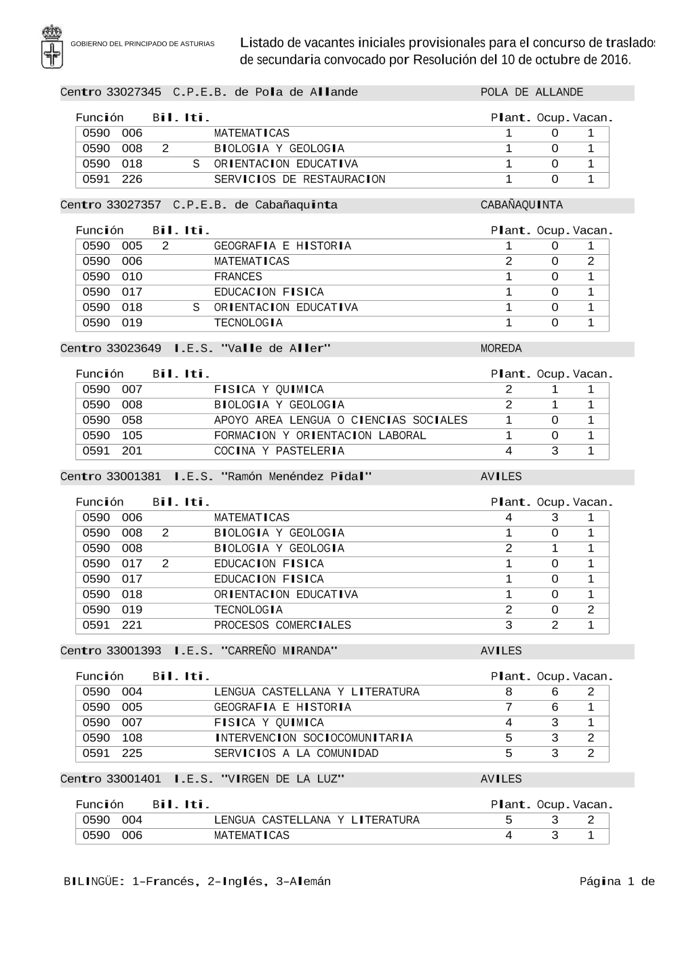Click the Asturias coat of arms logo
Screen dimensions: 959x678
coord(52,46)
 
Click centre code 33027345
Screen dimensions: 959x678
coord(134,92)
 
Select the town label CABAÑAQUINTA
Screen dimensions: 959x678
coord(521,205)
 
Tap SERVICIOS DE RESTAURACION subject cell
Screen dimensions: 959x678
coord(299,180)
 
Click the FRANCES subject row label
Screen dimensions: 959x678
coord(238,277)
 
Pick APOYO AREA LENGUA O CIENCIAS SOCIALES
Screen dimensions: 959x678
coord(340,420)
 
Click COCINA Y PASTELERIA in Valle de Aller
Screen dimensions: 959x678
coord(279,451)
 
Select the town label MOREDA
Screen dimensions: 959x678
coord(501,348)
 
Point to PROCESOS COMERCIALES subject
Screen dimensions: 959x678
coord(282,625)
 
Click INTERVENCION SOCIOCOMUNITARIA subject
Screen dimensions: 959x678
coord(313,738)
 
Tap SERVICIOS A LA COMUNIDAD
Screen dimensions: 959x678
coord(296,753)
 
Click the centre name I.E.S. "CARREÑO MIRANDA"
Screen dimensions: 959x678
coord(256,651)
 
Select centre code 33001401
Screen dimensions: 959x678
coord(134,779)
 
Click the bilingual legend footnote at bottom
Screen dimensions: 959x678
coord(197,881)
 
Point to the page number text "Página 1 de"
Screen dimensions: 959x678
coord(616,881)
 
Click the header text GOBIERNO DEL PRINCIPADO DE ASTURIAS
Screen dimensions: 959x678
coord(142,44)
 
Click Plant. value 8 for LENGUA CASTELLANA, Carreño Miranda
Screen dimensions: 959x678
coord(509,692)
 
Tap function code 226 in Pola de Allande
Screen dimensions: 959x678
coord(132,180)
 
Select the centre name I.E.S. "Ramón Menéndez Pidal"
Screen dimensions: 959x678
coord(273,476)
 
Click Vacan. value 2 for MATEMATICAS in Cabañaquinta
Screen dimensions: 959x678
coord(591,262)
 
